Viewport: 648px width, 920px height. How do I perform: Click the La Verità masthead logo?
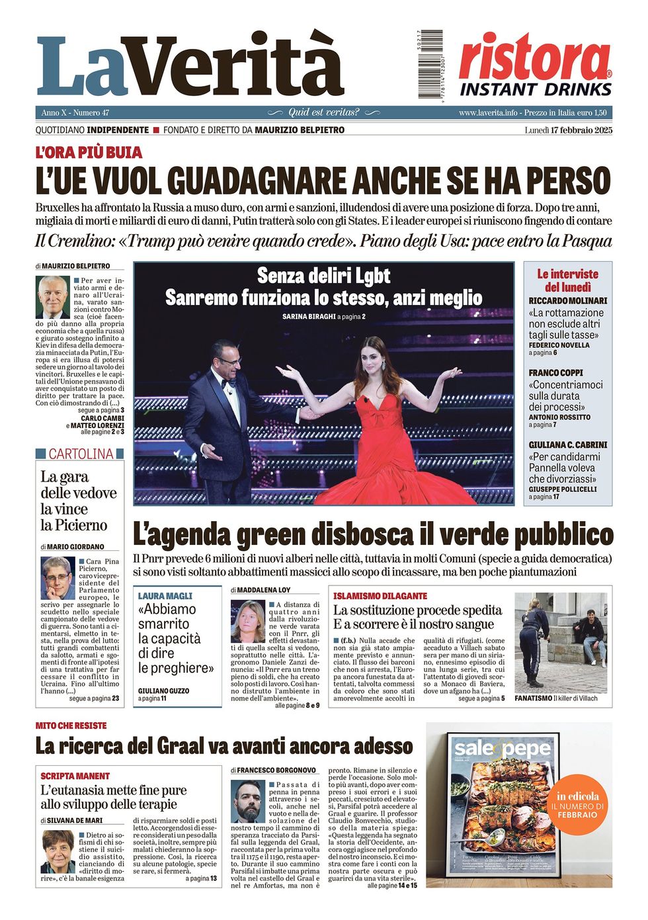coord(190,66)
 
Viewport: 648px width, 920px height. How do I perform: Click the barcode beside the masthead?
coord(430,64)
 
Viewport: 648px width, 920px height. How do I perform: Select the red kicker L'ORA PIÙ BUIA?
coord(89,152)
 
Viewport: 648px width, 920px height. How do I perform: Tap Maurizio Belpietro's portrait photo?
coord(54,297)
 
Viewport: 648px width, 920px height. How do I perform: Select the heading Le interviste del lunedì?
coord(567,280)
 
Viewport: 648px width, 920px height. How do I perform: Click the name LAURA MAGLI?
coord(165,596)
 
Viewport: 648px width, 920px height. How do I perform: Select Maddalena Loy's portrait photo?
coord(248,621)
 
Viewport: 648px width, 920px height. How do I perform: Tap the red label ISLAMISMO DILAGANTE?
coord(380,596)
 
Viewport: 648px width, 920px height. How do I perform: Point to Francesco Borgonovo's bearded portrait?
coord(249,801)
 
